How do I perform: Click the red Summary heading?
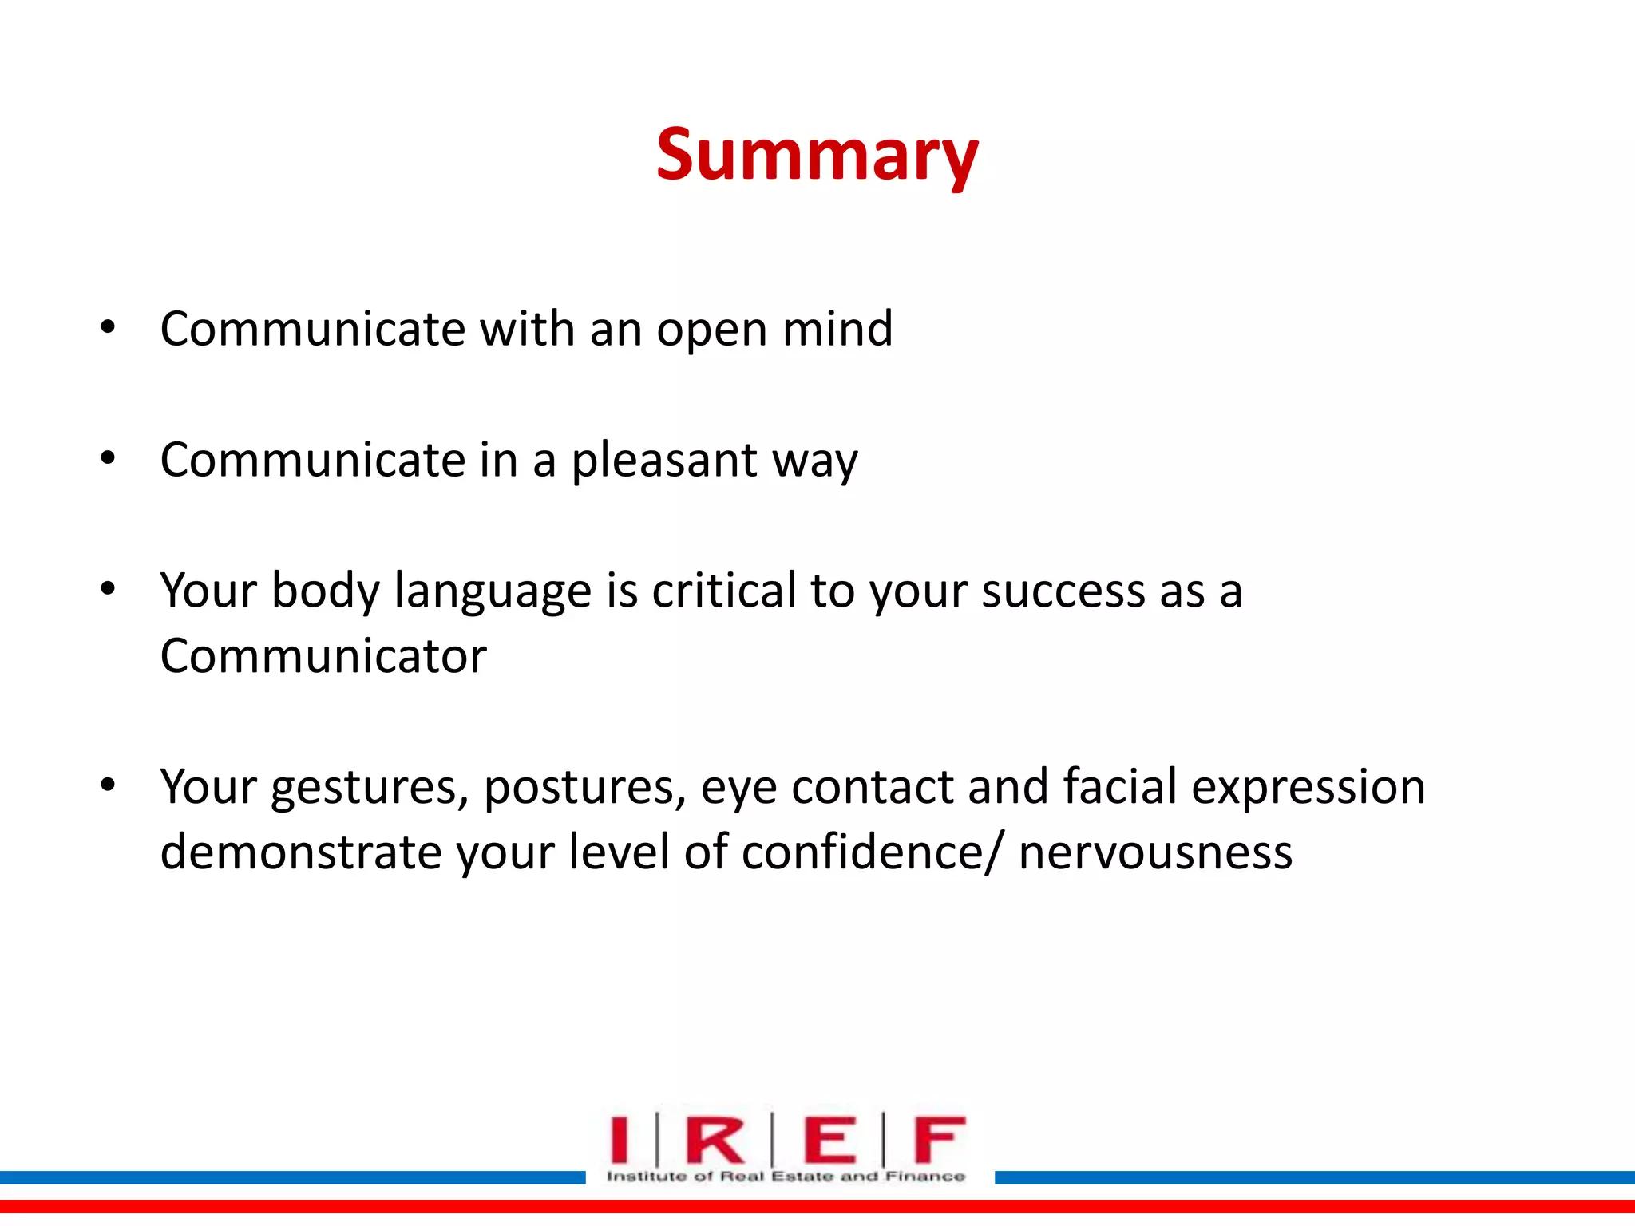[x=817, y=156]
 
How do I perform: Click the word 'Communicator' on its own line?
[x=323, y=657]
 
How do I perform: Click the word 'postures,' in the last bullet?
[x=584, y=788]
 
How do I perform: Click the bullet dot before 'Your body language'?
[x=108, y=590]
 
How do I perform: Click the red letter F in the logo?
[x=939, y=1139]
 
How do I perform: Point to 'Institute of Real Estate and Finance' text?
[x=786, y=1176]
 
